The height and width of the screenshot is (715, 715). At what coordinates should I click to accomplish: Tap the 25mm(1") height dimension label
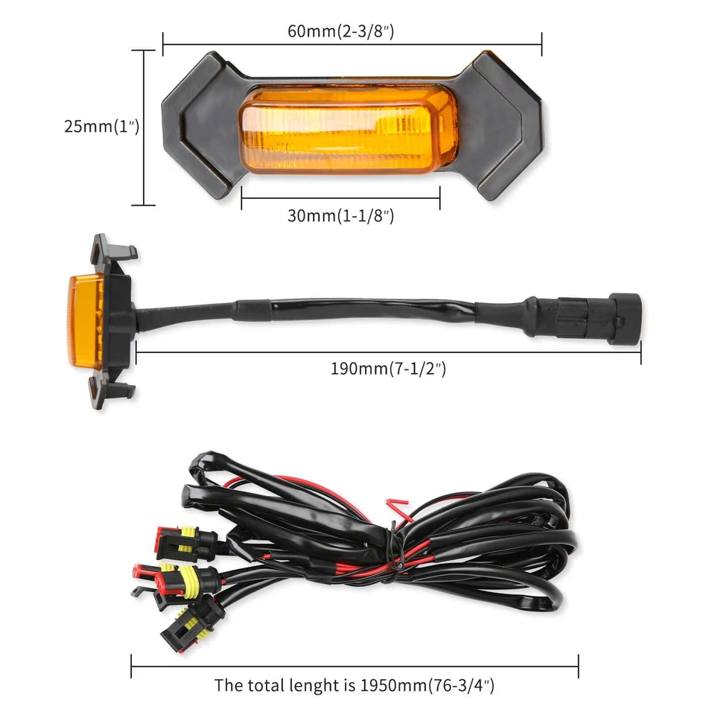[101, 127]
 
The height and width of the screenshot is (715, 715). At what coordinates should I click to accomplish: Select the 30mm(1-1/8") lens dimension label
[340, 216]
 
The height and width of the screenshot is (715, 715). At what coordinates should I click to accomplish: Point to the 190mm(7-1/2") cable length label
[388, 368]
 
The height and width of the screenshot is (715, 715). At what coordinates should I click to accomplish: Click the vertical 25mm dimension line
[143, 127]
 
